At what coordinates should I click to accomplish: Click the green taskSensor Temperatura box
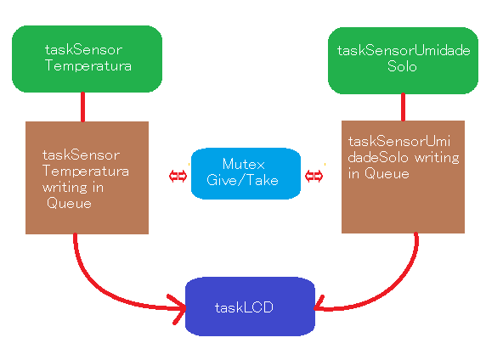coord(87,59)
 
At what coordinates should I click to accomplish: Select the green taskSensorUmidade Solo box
coord(403,59)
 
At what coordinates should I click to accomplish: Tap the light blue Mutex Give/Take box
coord(246,173)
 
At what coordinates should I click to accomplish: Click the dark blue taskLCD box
coord(250,307)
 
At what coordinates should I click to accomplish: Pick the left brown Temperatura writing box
coord(87,177)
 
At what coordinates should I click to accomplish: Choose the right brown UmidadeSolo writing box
coord(403,177)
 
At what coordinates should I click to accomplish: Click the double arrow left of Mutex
coord(178,176)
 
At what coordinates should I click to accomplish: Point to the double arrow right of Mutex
coord(314,176)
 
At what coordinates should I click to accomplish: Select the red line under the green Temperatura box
coord(83,106)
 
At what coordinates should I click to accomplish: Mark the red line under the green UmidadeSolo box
coord(402,106)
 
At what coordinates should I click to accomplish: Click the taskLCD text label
coord(244,307)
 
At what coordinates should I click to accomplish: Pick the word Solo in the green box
coord(402,66)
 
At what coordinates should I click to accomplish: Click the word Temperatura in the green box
coord(88,65)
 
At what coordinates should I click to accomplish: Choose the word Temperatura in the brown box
coord(86,171)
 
